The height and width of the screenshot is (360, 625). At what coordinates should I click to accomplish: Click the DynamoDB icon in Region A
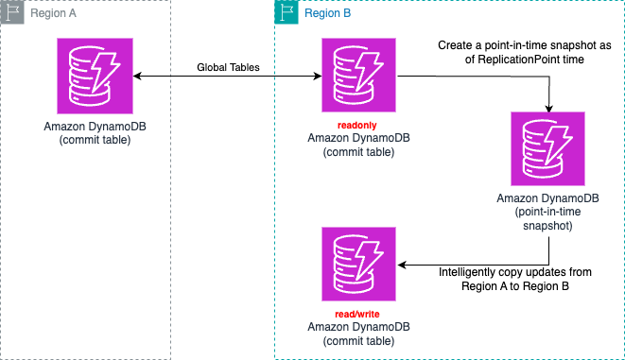pos(95,76)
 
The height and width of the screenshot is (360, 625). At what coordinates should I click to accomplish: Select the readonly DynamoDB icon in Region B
pos(358,76)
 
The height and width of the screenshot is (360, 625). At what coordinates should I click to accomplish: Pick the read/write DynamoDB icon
pos(358,265)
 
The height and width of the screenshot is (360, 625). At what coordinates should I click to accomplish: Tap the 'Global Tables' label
pos(227,67)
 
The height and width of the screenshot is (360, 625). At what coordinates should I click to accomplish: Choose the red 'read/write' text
pos(358,314)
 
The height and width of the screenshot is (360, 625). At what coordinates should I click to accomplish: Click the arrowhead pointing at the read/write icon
pos(402,265)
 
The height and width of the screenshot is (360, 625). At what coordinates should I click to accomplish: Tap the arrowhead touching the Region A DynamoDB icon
pos(138,76)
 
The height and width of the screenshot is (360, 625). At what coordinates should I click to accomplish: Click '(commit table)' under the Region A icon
pos(95,139)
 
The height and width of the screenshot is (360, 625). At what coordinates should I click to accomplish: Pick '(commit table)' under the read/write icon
pos(358,340)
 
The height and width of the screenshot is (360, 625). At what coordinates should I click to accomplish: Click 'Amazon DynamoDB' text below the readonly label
pos(358,138)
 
